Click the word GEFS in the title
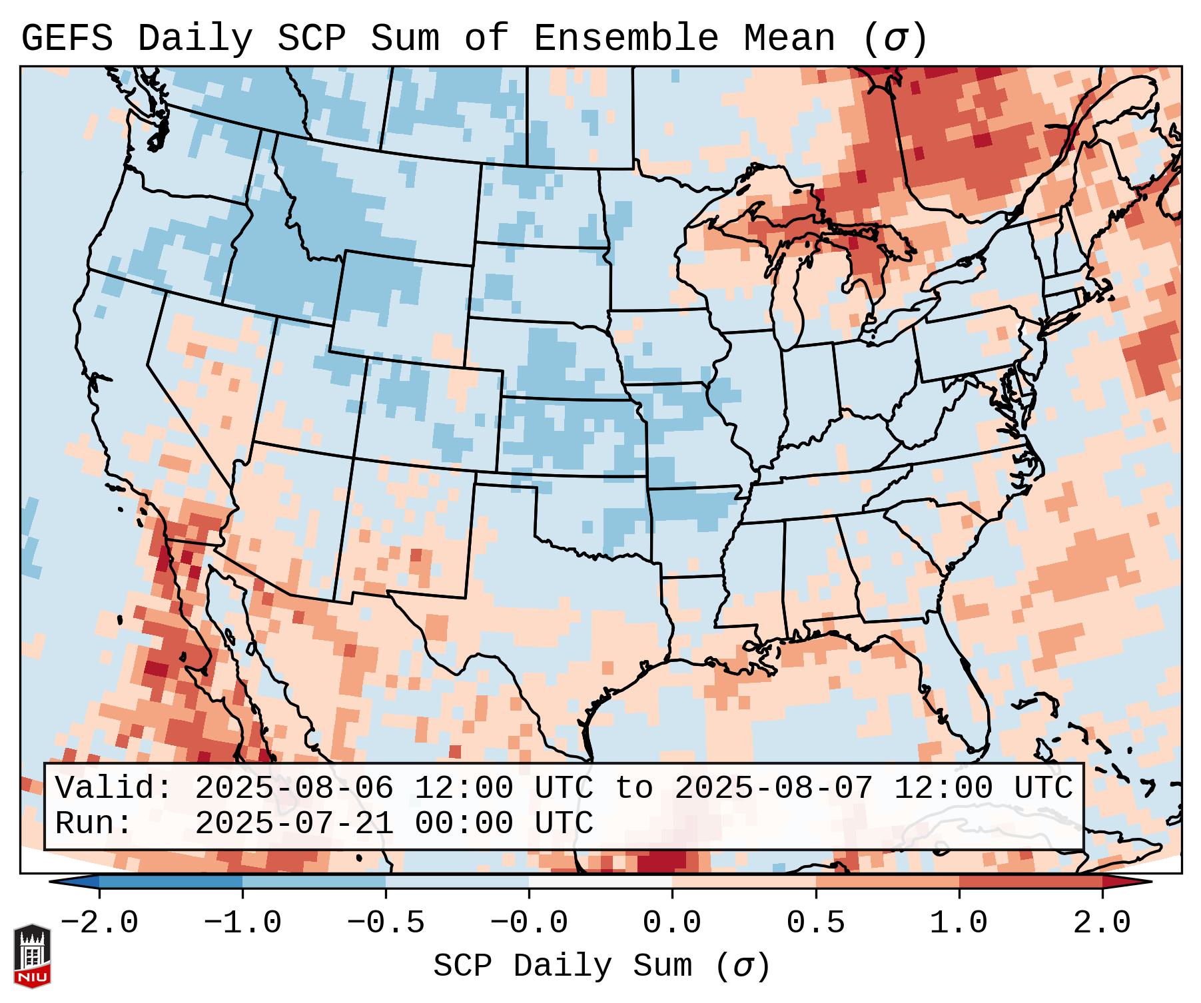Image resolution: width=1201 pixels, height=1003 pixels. click(x=67, y=39)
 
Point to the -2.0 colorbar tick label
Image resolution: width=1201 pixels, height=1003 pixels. click(x=99, y=923)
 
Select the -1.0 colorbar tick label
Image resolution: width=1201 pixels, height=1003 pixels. click(x=242, y=923)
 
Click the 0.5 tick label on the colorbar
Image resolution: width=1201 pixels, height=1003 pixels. click(x=815, y=923)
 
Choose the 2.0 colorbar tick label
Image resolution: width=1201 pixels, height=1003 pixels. click(x=1102, y=923)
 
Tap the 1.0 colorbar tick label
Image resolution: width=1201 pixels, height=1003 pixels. click(x=959, y=923)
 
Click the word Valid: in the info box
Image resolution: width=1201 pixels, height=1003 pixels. click(x=114, y=789)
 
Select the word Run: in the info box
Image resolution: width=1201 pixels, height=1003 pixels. click(x=94, y=823)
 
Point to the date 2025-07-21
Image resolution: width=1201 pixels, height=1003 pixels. click(x=294, y=823)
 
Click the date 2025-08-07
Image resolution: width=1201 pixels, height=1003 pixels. click(x=773, y=789)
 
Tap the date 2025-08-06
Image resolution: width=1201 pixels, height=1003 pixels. click(x=294, y=789)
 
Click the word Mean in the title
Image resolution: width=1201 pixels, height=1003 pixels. click(x=789, y=39)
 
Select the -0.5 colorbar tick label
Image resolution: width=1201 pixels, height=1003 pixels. click(x=386, y=923)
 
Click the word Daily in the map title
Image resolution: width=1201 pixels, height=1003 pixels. click(x=195, y=39)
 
